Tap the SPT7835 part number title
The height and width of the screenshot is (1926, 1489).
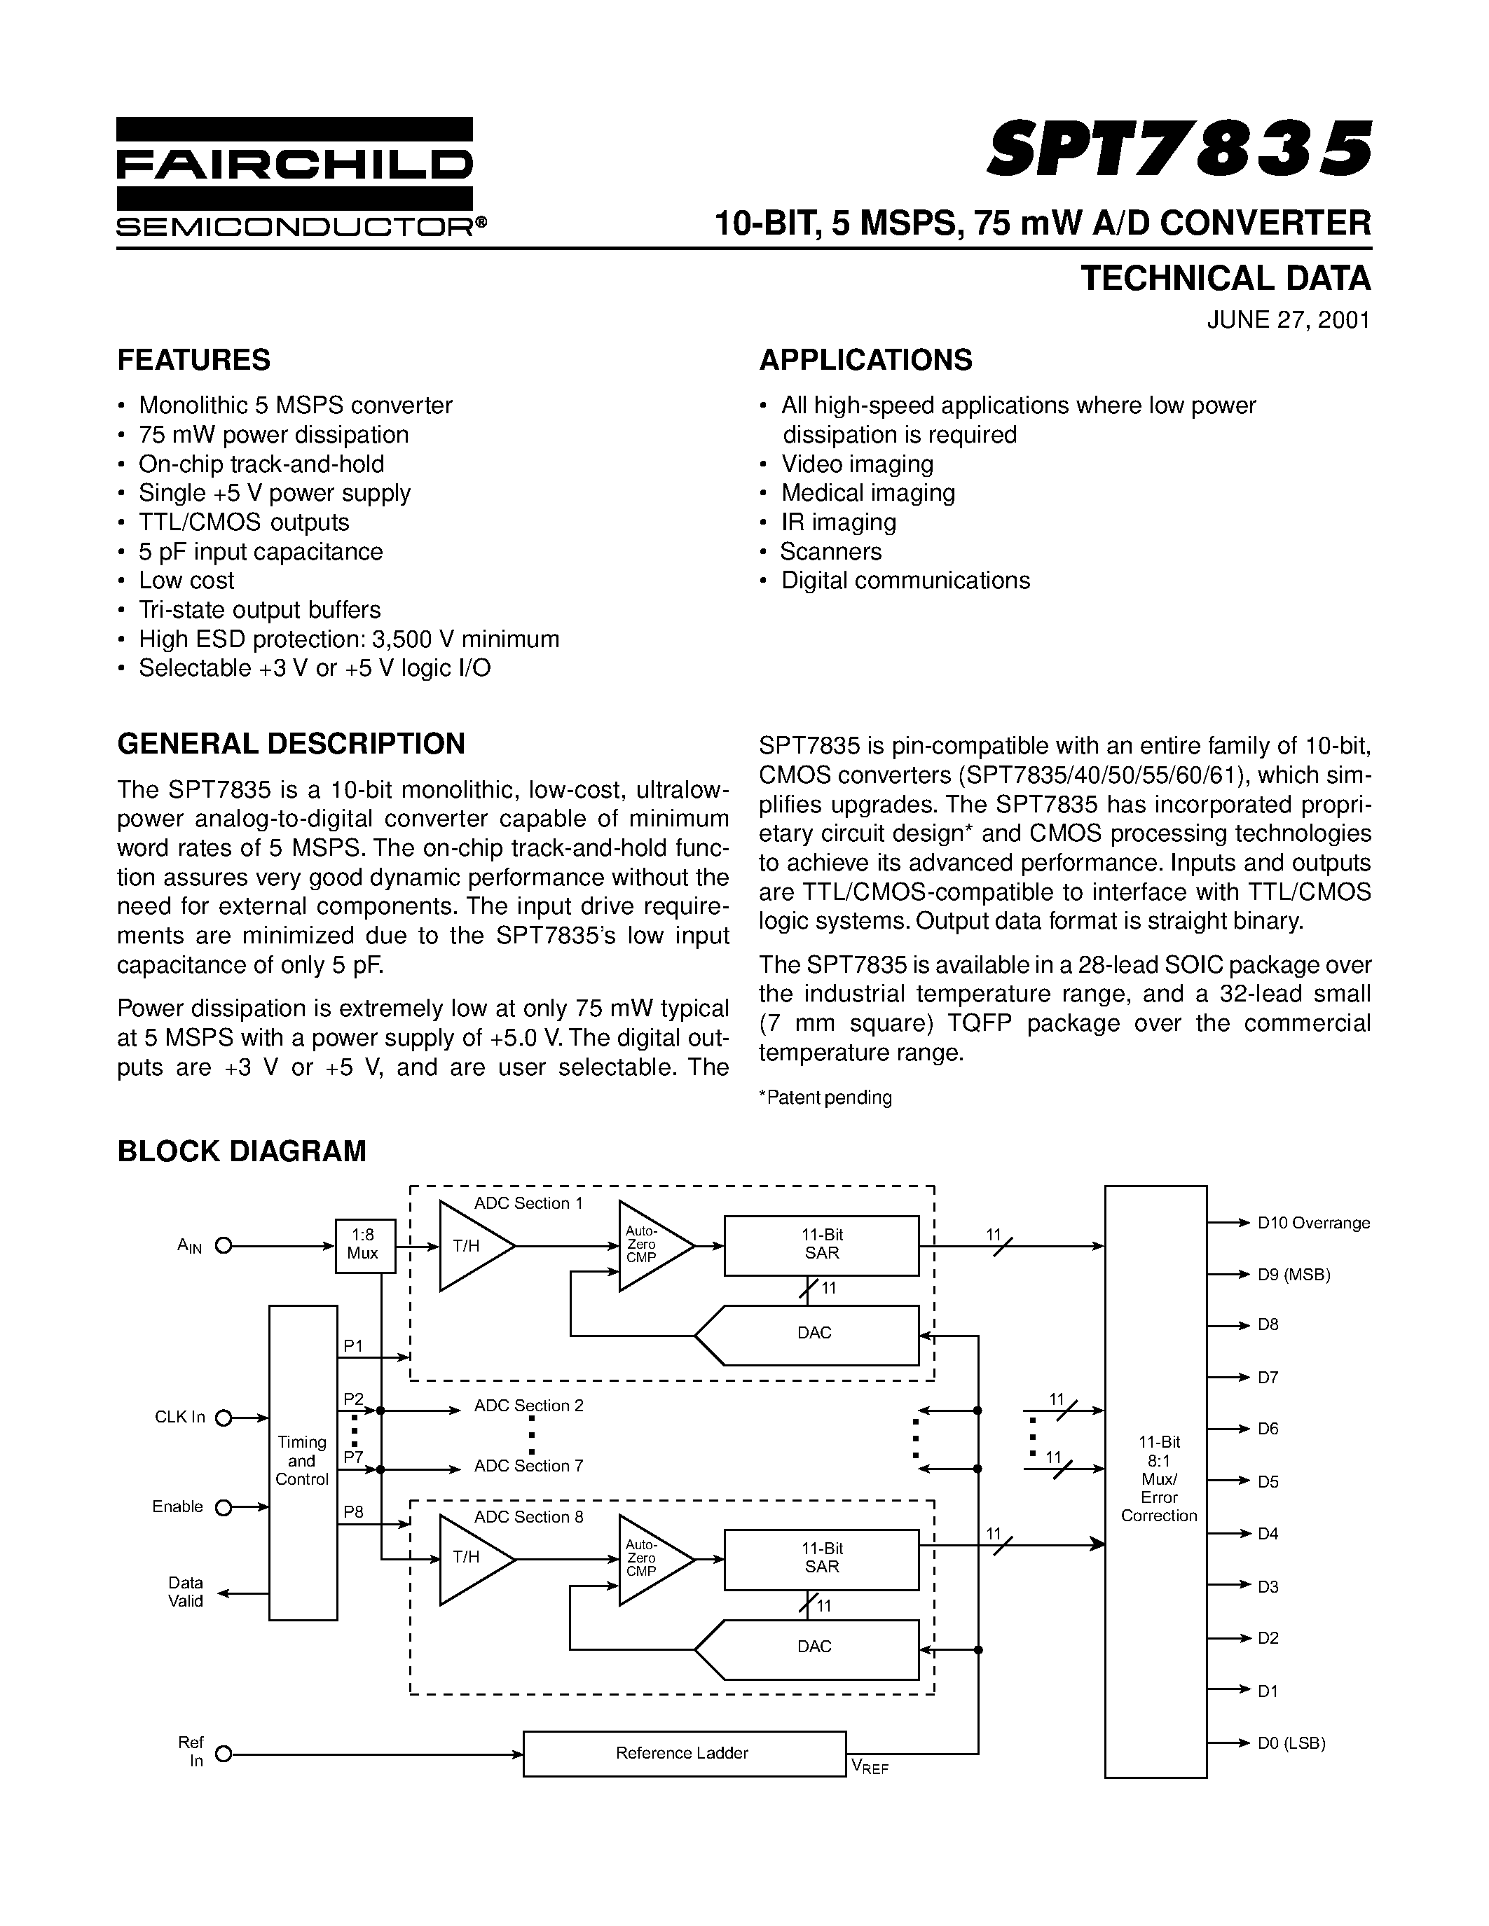tap(1179, 148)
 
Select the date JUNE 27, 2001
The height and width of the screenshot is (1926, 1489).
tap(1288, 319)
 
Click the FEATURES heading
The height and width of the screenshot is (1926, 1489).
tap(194, 360)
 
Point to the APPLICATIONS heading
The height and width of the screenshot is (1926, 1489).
tap(865, 360)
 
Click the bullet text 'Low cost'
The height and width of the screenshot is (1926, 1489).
tap(186, 581)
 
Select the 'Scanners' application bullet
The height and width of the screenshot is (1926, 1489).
tap(831, 551)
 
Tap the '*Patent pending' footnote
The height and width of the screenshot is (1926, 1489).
tap(825, 1097)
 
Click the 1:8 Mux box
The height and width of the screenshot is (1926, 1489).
tap(365, 1245)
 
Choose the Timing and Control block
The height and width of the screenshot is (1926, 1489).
tap(303, 1460)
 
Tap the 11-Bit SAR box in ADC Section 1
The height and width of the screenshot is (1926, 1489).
tap(821, 1245)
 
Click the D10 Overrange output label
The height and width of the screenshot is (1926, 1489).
tap(1312, 1222)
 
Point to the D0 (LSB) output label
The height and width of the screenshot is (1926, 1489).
tap(1291, 1743)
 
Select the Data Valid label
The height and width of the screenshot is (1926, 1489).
tap(185, 1592)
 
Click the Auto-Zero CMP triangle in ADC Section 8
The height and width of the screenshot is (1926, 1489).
tap(647, 1559)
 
